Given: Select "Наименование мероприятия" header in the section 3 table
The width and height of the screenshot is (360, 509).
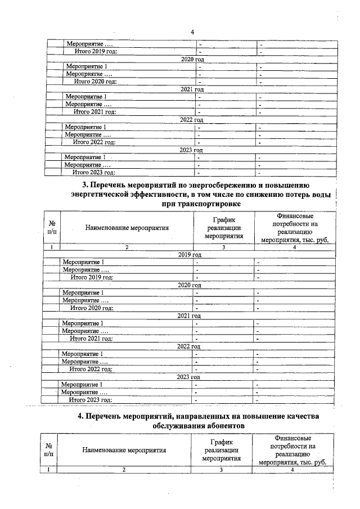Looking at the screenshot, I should coord(127,228).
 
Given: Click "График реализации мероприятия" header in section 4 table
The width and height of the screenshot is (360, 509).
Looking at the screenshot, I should coord(222,451).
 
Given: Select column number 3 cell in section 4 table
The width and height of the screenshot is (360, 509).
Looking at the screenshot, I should coord(222,470).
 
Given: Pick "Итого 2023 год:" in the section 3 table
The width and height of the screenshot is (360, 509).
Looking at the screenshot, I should coord(91,399).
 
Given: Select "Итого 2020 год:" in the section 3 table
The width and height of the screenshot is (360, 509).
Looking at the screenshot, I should coord(92,308).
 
